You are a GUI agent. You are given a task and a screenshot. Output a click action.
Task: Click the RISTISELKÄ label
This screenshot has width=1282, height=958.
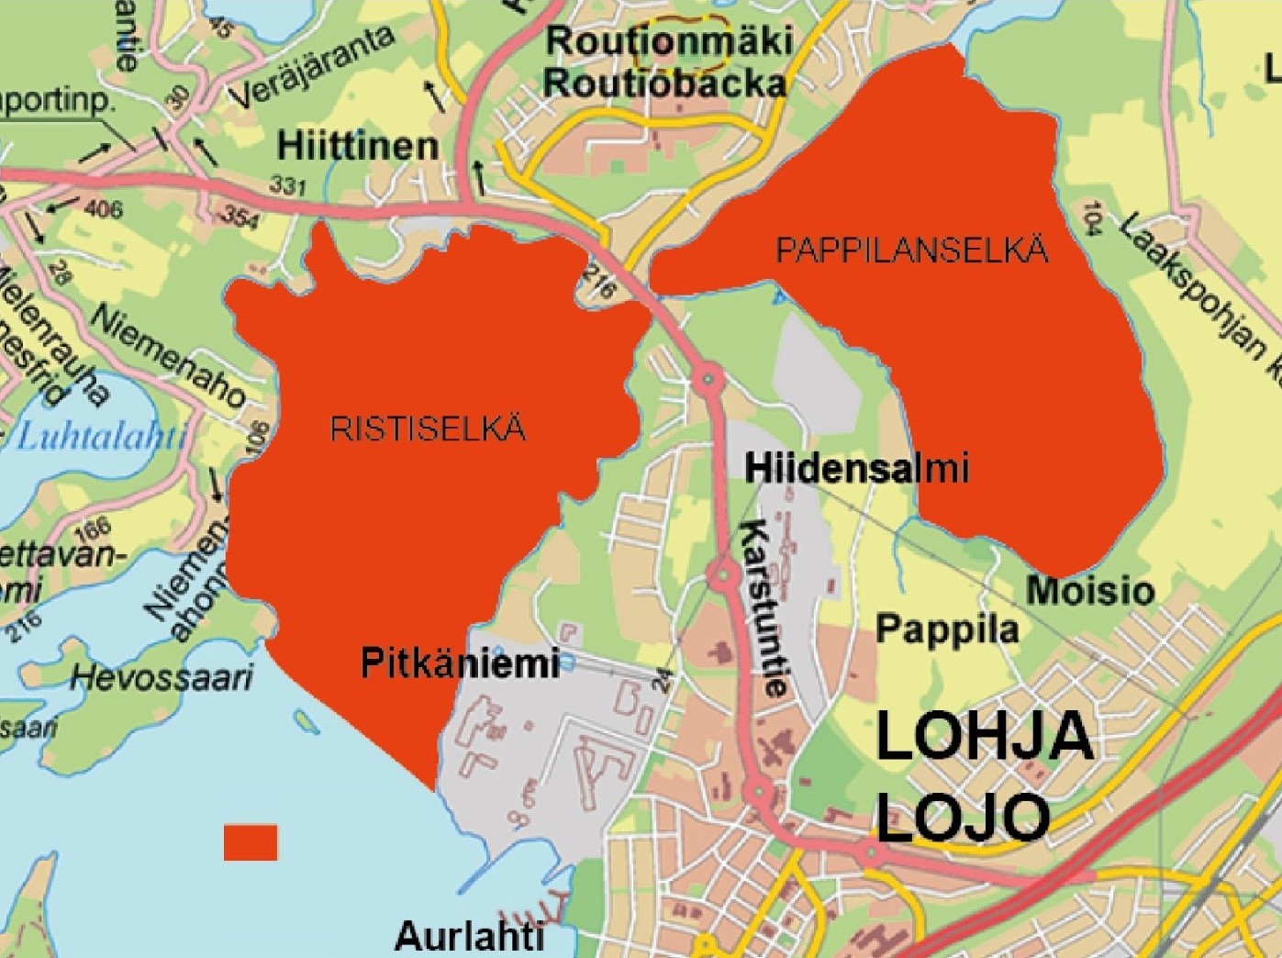coord(428,429)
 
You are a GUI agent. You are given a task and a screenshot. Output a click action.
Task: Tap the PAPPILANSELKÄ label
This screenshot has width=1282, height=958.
coord(911,251)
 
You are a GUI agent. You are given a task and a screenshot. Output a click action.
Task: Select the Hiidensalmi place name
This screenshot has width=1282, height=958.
coord(856,469)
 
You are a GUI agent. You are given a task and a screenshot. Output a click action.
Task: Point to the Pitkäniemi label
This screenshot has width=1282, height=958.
coord(460,662)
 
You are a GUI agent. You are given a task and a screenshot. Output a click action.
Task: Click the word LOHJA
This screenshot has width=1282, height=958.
coord(985,736)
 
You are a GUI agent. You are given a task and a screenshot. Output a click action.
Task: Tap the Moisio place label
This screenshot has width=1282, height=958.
coord(1090,590)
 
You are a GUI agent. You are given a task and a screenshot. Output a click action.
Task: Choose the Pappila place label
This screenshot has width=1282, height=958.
coord(947,629)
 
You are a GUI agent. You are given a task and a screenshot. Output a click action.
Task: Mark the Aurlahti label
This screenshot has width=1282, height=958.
coord(469,937)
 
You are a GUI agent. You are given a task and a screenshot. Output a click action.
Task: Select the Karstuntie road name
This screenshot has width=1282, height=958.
coord(764,608)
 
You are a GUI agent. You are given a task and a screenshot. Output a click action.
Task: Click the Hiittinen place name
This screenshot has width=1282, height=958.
coord(358,146)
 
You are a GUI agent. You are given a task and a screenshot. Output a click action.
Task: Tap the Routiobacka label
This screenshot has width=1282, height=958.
coord(665,83)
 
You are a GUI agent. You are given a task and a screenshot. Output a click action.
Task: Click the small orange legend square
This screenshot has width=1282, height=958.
coord(251,842)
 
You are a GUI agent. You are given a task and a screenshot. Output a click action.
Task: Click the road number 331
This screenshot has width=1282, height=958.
coord(288,185)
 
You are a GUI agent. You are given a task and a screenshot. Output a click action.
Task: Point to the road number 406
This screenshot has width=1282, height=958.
coord(103,210)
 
